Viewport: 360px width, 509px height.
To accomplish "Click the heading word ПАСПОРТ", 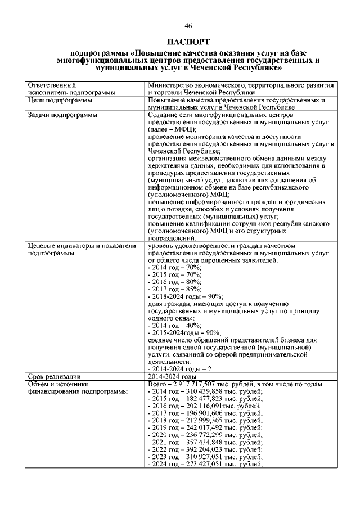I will tap(188, 42).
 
